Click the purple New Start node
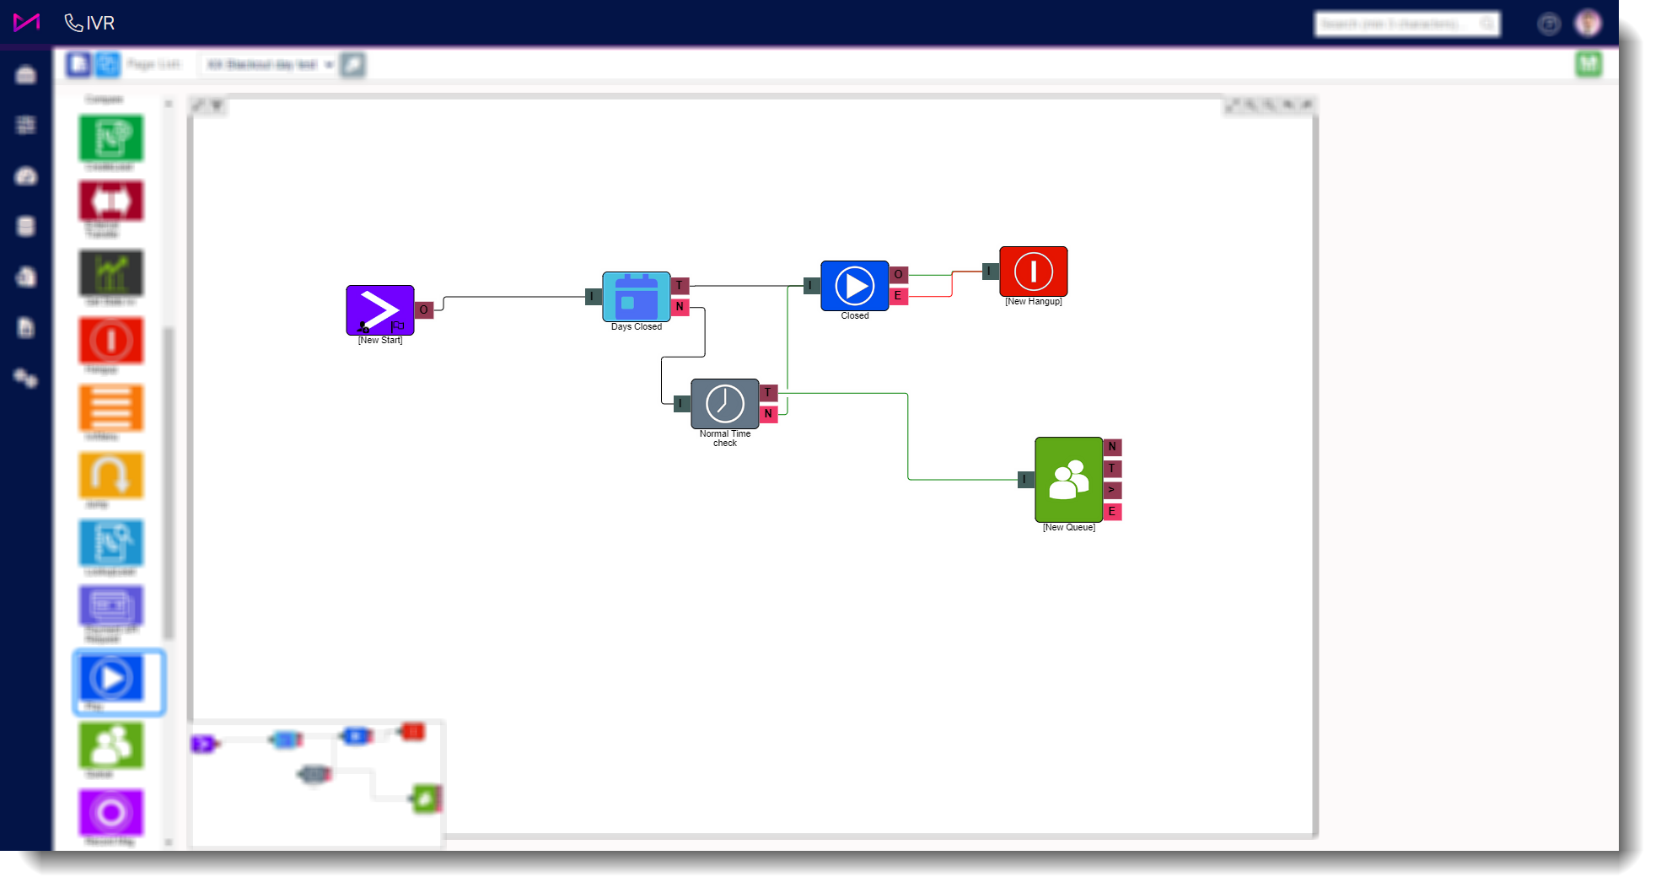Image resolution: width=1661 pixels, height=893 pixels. (379, 309)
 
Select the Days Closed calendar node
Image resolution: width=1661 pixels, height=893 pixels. (636, 296)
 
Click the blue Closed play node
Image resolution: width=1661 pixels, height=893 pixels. (854, 286)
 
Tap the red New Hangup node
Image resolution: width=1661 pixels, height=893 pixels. (1033, 271)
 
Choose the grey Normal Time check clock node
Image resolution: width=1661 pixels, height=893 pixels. (724, 403)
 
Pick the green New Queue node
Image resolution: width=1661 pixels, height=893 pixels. (1068, 479)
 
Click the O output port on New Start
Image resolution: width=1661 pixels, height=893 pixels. (424, 309)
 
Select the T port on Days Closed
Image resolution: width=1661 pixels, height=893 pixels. (680, 285)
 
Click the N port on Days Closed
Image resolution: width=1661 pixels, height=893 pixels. (680, 307)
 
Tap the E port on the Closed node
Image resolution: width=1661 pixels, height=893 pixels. (898, 296)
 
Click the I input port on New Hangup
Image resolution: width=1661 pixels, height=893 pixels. (990, 272)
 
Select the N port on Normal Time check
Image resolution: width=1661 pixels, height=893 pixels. (768, 414)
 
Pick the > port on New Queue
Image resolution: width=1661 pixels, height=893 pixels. (1112, 490)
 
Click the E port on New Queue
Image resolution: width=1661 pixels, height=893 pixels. (1112, 512)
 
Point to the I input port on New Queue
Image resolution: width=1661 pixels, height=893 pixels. (1025, 480)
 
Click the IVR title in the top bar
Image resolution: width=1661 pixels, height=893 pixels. (99, 24)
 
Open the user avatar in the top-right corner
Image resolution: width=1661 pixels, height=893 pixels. (1588, 24)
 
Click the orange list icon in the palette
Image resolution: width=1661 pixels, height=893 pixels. (111, 408)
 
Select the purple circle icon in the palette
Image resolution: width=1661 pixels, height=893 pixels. (111, 812)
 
